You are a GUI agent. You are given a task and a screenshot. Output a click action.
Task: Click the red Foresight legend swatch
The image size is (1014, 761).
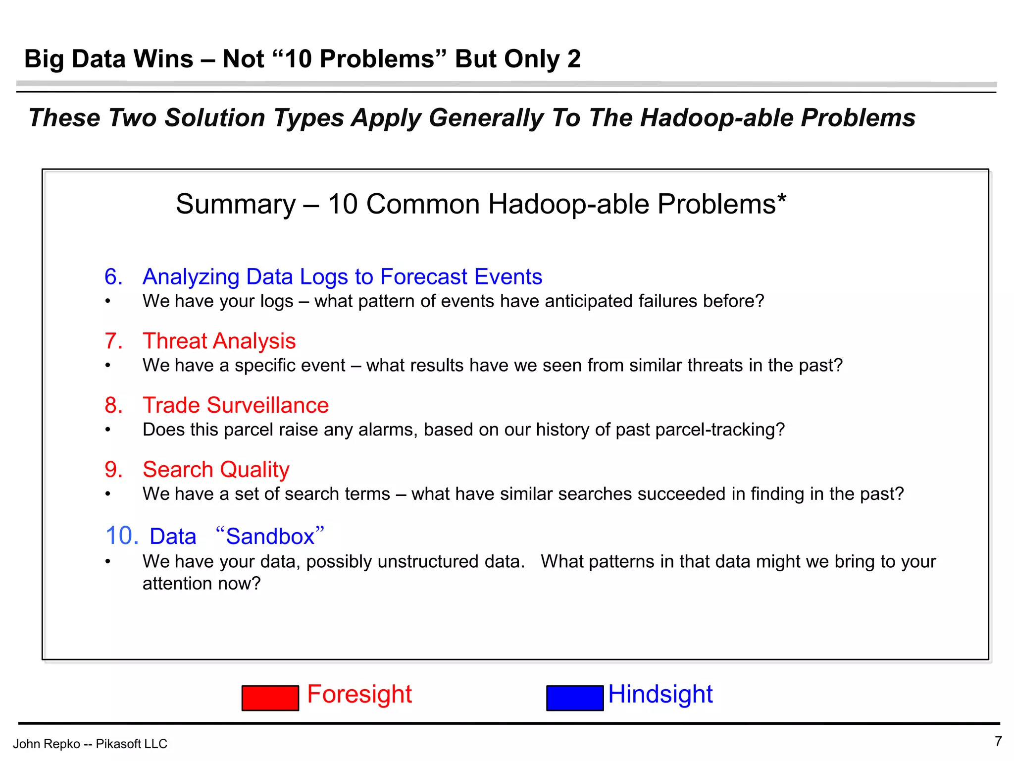[270, 698]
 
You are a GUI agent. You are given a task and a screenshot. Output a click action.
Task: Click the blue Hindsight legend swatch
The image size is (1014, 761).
[574, 698]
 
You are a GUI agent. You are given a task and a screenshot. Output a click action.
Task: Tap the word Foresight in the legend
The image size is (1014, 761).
[359, 694]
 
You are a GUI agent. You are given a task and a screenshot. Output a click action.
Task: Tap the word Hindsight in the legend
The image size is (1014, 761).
[660, 694]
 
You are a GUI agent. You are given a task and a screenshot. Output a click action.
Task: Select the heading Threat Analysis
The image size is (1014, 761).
[219, 341]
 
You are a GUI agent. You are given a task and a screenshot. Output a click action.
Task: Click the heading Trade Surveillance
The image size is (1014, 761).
[236, 405]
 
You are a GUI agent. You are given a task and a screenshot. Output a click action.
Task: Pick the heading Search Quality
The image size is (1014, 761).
[216, 469]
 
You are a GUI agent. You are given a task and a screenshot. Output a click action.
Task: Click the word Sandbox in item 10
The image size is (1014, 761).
[270, 536]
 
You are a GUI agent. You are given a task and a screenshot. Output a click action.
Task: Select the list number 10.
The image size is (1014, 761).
[122, 536]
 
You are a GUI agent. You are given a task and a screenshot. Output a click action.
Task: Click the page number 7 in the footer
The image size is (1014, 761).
[998, 741]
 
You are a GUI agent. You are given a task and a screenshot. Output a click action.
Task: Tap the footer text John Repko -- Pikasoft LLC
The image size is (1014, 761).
[90, 744]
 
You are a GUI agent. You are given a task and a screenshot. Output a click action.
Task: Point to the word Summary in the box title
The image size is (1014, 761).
[235, 204]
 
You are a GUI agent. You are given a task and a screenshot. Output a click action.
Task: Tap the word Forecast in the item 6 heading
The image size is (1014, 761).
[423, 276]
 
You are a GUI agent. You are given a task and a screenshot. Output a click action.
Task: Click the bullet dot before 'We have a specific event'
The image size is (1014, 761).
[107, 366]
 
